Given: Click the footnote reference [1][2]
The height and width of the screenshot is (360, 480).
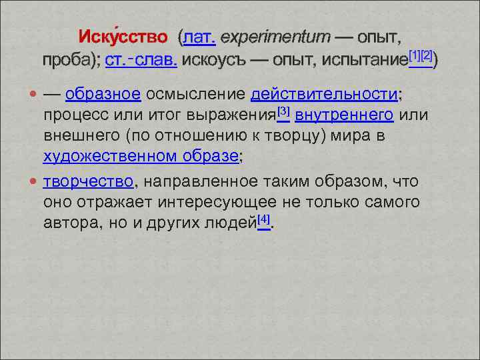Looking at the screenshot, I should [420, 54].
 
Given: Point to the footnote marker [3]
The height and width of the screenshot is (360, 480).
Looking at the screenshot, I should [283, 110].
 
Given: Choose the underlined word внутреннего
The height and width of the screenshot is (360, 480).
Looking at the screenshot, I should [343, 115].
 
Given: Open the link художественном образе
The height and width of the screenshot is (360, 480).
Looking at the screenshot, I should [141, 157].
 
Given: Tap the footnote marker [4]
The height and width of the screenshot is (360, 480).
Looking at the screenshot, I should [264, 218].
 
